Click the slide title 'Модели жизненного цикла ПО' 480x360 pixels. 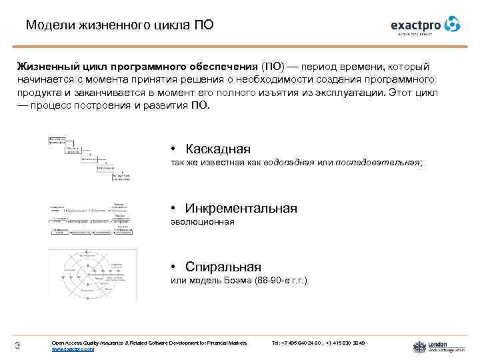[121, 25]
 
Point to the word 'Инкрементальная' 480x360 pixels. [241, 208]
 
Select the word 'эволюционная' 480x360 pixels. [203, 222]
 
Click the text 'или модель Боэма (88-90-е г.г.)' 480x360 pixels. [240, 281]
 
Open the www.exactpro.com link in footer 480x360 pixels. [73, 349]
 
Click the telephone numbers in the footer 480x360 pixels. [318, 343]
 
